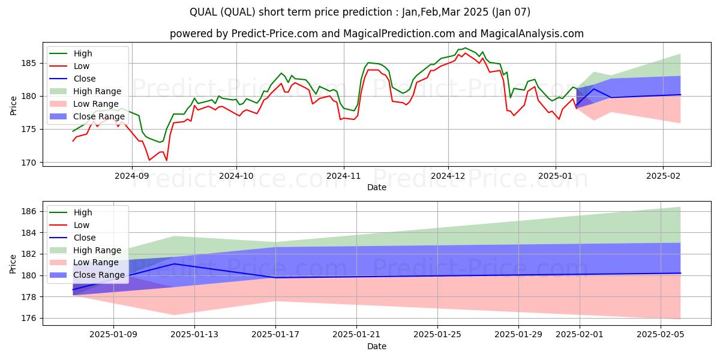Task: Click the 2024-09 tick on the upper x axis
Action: [x=131, y=176]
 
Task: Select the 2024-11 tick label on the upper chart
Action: [x=343, y=176]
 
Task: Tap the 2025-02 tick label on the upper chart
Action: [x=663, y=176]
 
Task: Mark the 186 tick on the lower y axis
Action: [x=31, y=211]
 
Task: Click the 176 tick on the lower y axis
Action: [x=31, y=318]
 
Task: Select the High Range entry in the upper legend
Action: [x=98, y=91]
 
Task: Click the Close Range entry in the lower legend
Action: [x=99, y=275]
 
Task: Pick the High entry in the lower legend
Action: [x=83, y=212]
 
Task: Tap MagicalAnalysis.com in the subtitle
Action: [x=525, y=34]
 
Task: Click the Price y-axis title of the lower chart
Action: [x=14, y=264]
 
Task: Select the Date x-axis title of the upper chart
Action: [x=376, y=187]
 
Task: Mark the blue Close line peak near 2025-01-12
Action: [x=174, y=264]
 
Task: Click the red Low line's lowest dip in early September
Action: [x=149, y=160]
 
